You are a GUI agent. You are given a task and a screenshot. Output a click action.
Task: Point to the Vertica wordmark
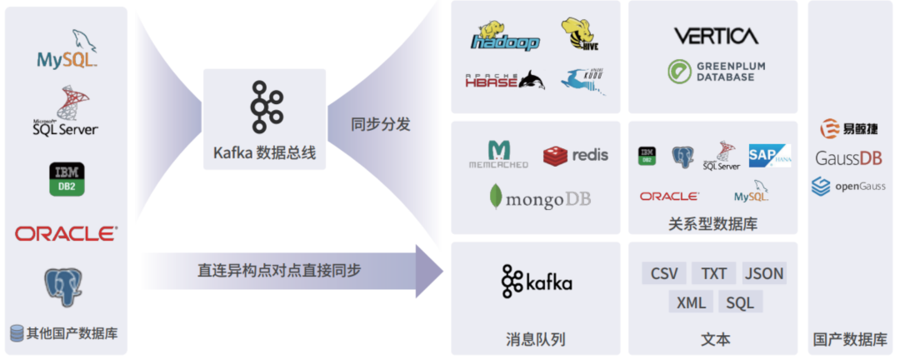716,36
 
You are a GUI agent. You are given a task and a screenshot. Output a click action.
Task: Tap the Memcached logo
498,155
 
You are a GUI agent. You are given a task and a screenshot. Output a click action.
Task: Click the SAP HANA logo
768,156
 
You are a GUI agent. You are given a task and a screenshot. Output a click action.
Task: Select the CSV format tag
664,273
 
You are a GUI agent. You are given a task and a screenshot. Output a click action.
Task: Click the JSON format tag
763,273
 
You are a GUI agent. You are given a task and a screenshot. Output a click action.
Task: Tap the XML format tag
691,302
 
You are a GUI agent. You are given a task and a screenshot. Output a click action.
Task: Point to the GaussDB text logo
848,158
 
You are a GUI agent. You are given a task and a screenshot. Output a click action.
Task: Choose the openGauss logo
848,187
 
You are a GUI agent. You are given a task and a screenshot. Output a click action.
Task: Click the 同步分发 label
381,125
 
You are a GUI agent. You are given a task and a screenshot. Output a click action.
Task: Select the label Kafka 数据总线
264,153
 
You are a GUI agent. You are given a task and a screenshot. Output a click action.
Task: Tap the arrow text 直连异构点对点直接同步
279,270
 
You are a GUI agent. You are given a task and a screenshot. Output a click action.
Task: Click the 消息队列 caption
536,339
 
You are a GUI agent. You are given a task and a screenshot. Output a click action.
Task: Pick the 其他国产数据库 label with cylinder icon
64,333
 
